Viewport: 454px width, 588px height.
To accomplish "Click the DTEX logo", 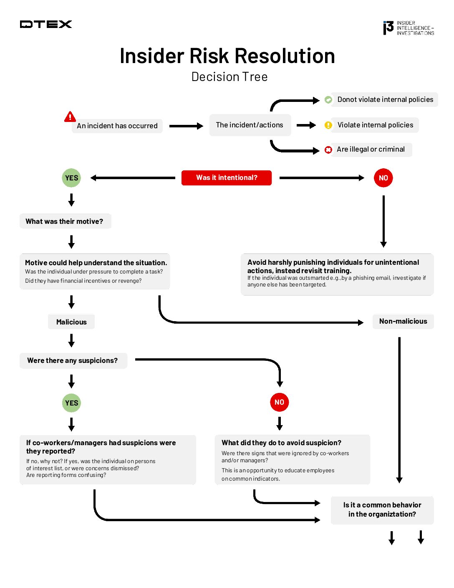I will coord(46,24).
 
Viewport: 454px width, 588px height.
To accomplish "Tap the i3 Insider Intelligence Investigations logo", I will coord(408,28).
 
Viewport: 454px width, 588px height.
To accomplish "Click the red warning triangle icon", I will coord(70,117).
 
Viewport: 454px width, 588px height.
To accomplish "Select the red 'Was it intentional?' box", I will coord(227,177).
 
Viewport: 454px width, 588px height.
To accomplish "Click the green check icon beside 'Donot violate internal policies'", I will coord(328,100).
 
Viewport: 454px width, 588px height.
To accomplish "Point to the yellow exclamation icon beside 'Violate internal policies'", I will coord(328,125).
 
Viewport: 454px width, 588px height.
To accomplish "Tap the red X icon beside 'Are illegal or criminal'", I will coord(328,150).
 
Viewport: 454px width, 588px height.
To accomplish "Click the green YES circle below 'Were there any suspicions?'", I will coord(71,403).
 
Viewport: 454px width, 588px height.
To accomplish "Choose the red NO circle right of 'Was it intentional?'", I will coord(383,178).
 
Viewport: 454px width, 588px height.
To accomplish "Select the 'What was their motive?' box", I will coord(65,221).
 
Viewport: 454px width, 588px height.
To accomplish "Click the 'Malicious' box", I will coord(71,322).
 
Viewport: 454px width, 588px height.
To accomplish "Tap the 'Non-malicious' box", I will coord(403,321).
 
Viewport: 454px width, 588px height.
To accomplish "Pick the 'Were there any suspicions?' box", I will coord(73,360).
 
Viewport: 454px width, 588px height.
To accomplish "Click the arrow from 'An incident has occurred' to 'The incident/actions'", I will coord(186,126).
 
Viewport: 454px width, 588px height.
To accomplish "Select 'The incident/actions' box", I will coord(250,125).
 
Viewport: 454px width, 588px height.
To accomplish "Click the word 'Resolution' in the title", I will coord(284,56).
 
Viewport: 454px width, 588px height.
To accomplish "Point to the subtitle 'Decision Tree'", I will coord(230,77).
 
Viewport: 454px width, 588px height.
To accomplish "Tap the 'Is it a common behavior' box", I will coord(382,509).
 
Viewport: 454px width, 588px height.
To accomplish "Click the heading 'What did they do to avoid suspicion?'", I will coord(281,443).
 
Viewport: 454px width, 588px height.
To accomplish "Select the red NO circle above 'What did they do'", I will coord(279,402).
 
